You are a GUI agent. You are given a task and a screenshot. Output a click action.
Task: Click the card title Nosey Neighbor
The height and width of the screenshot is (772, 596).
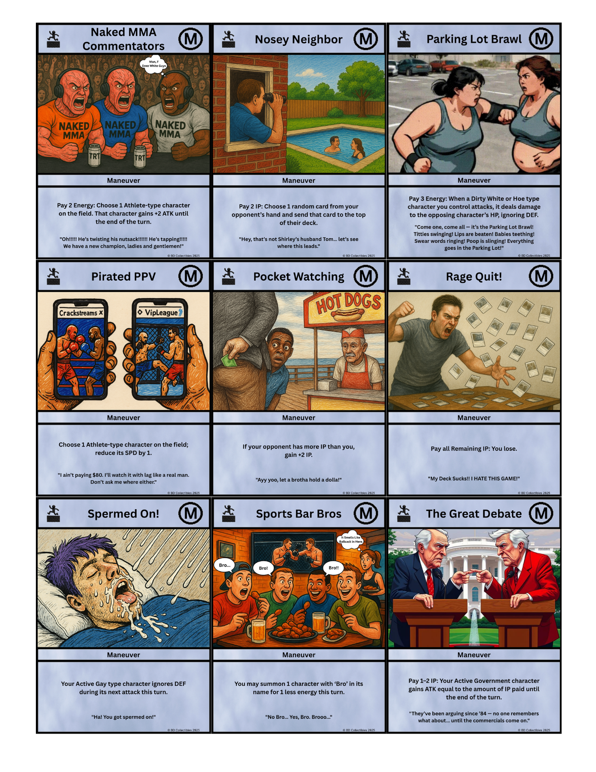click(x=298, y=39)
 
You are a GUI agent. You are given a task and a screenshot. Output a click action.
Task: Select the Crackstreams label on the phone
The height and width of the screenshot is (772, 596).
click(x=81, y=313)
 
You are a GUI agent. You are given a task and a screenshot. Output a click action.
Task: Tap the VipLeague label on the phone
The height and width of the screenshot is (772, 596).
click(x=161, y=312)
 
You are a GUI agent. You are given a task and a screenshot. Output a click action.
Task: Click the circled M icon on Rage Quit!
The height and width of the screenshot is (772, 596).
click(x=541, y=276)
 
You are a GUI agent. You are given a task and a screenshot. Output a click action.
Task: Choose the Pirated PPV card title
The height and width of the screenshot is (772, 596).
click(x=123, y=276)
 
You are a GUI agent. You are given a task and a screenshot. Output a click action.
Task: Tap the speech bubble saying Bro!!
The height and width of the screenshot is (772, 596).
click(x=333, y=568)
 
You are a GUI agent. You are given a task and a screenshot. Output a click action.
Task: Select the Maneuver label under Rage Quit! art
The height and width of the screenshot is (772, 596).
click(x=474, y=418)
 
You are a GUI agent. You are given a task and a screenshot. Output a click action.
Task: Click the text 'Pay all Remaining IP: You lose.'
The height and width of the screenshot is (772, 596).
click(x=474, y=449)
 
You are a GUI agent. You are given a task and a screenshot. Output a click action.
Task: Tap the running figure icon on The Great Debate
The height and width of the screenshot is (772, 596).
click(x=404, y=513)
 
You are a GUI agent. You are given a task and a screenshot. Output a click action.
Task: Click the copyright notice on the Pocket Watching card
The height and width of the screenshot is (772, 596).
click(x=358, y=493)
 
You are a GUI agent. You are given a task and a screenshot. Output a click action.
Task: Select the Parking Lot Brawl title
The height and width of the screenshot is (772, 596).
click(x=474, y=39)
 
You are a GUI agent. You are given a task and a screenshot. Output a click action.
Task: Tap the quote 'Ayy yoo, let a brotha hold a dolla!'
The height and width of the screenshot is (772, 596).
click(x=298, y=479)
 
